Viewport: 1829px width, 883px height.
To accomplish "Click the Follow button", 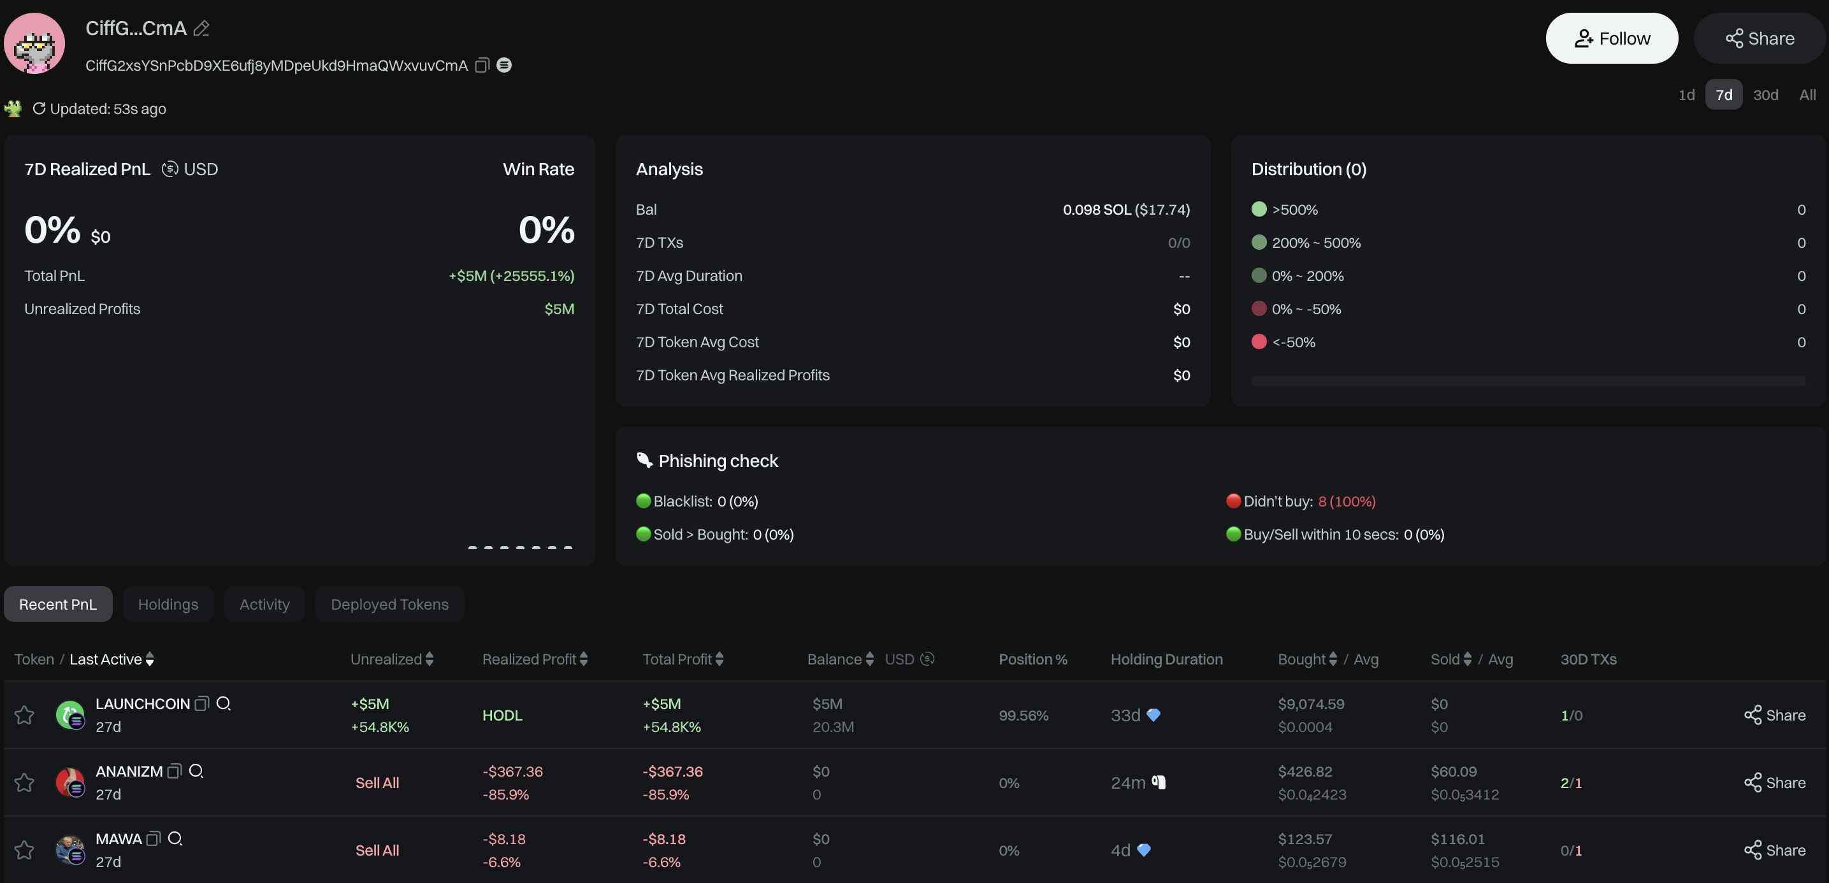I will click(1611, 38).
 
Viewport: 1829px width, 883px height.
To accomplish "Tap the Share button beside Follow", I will click(1760, 38).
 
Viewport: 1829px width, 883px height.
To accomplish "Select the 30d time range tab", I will click(1765, 95).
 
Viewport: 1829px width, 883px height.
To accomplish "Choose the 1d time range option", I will click(1686, 95).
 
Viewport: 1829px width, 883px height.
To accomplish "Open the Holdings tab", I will click(168, 604).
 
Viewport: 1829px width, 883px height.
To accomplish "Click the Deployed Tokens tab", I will click(389, 604).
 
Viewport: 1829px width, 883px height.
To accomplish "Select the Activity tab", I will click(264, 604).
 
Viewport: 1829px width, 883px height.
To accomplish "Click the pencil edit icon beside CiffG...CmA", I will click(201, 29).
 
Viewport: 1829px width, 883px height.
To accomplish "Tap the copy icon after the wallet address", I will click(482, 66).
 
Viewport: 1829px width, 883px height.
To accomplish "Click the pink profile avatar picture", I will click(34, 43).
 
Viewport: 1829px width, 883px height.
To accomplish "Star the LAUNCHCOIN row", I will click(24, 715).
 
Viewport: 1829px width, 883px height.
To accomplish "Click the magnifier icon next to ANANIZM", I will click(197, 771).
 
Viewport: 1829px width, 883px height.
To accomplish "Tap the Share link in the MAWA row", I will click(1774, 851).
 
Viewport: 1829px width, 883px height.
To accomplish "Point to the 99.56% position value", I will click(1023, 715).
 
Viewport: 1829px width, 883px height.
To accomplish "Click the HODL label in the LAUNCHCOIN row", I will click(502, 715).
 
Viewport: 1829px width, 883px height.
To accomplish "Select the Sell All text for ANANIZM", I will click(377, 783).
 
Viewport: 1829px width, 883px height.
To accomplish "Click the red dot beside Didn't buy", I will click(1233, 501).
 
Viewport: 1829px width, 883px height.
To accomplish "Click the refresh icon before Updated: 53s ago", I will click(39, 108).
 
